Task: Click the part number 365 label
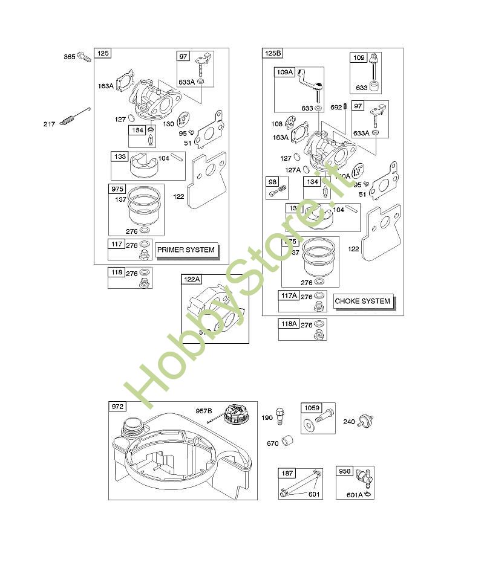pyautogui.click(x=69, y=57)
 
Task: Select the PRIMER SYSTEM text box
pyautogui.click(x=186, y=250)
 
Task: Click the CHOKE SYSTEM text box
pyautogui.click(x=363, y=301)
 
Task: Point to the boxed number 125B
pyautogui.click(x=273, y=54)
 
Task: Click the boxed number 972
pyautogui.click(x=117, y=407)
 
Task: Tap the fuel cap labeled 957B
pyautogui.click(x=235, y=414)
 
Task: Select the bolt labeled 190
pyautogui.click(x=280, y=416)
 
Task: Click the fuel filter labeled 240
pyautogui.click(x=365, y=421)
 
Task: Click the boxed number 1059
pyautogui.click(x=312, y=408)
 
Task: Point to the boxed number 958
pyautogui.click(x=345, y=472)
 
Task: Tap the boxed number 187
pyautogui.click(x=287, y=473)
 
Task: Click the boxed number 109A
pyautogui.click(x=284, y=73)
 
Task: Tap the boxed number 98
pyautogui.click(x=272, y=182)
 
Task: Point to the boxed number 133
pyautogui.click(x=120, y=157)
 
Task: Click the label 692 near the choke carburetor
pyautogui.click(x=336, y=108)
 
